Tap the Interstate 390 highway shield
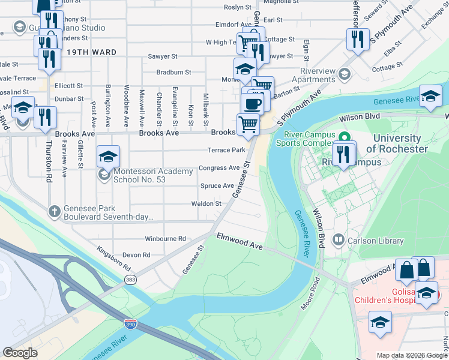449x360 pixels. click(130, 324)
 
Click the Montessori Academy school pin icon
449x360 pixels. click(108, 157)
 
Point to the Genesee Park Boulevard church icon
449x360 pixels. click(54, 211)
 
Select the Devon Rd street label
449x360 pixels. click(136, 255)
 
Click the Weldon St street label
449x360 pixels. click(206, 204)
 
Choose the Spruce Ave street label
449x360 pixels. click(217, 186)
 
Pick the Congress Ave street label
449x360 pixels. click(218, 168)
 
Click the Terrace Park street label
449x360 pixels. click(226, 150)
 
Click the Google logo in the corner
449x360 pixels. click(20, 352)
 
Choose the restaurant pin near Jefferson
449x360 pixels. click(358, 40)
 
